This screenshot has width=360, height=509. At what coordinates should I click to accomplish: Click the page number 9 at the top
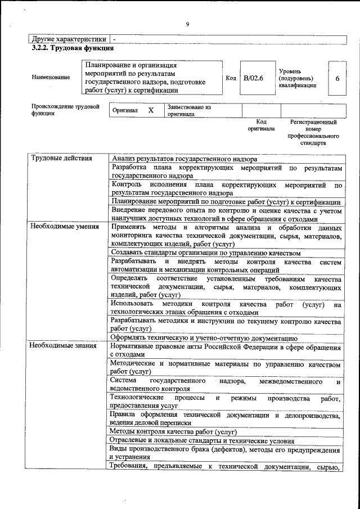(187, 24)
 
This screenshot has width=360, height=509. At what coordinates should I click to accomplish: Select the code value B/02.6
(253, 78)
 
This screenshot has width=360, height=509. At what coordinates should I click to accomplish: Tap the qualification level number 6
(337, 78)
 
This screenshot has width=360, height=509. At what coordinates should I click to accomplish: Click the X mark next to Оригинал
(151, 110)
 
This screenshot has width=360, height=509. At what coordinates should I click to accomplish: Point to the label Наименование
(51, 78)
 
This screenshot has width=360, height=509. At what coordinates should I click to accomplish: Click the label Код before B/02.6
(231, 78)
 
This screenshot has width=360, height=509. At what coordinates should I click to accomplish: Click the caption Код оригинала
(261, 125)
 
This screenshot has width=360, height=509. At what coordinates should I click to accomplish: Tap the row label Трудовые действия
(61, 158)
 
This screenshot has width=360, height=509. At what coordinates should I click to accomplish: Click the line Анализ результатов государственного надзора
(184, 159)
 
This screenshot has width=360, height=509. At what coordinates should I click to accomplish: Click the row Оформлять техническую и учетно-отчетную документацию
(204, 338)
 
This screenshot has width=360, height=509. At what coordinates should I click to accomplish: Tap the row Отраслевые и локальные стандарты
(202, 441)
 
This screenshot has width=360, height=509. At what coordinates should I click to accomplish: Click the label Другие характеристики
(69, 39)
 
